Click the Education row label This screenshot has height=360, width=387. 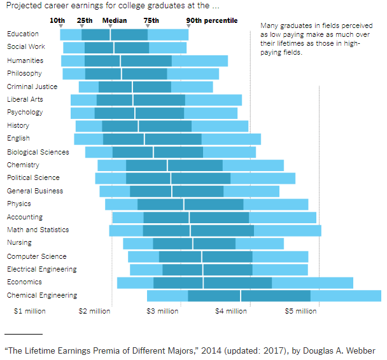point(23,34)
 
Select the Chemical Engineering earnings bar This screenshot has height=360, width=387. point(264,296)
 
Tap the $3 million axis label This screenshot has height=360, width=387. point(163,312)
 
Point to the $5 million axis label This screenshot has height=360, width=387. point(300,312)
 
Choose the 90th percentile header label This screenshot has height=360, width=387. point(211,20)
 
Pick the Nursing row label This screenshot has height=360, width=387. point(19,242)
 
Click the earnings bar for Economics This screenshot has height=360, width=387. point(235,282)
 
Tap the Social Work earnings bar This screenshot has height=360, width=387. point(125,48)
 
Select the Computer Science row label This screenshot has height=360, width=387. point(36,256)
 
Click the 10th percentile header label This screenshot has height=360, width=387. point(57,20)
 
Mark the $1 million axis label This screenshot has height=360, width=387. point(29,312)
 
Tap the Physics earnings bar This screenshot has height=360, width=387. point(206,204)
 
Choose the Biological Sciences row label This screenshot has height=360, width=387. point(38,152)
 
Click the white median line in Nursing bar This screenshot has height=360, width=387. point(193,244)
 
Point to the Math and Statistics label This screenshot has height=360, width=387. point(38,230)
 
